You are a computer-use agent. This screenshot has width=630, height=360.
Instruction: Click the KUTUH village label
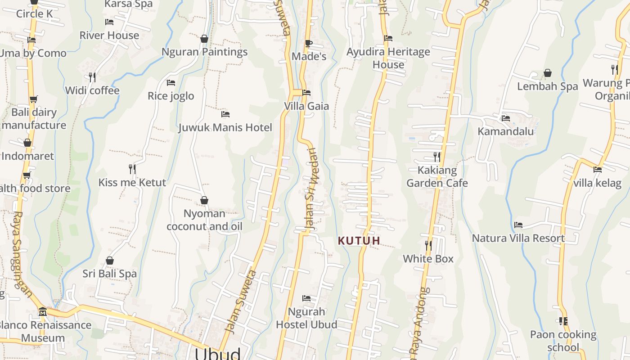coord(359,241)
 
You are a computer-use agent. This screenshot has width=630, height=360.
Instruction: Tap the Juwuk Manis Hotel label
coord(225,127)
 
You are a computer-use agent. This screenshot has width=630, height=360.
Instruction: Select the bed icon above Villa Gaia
coord(306,93)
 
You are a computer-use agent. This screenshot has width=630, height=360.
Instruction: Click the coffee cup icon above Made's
coord(308,43)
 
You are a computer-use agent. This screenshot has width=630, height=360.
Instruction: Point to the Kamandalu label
coord(505,131)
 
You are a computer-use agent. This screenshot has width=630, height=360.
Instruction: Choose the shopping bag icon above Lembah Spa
coord(548,73)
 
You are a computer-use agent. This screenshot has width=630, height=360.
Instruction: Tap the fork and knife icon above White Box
coord(428,246)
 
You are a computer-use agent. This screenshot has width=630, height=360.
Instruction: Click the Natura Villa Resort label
coord(518,238)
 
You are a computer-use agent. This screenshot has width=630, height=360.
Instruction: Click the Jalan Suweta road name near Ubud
coord(241,301)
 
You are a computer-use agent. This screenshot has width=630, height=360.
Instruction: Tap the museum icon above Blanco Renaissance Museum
coord(43,311)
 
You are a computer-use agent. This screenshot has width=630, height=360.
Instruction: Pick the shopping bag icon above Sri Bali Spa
coord(109,261)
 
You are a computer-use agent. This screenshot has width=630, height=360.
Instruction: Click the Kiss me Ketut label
coord(132,182)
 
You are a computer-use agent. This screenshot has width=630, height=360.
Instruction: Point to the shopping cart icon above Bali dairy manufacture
coord(33,99)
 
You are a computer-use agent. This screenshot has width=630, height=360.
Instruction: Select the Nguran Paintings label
coord(204,52)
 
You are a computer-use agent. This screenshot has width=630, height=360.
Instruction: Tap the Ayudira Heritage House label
coord(388,58)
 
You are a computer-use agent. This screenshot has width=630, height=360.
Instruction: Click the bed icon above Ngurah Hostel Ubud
coord(306,298)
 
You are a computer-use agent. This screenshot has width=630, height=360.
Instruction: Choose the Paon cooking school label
coord(563,341)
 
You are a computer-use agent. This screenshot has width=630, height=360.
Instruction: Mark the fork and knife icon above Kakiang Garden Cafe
coord(436,157)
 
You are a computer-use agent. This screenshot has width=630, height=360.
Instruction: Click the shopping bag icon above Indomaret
coord(27,143)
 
